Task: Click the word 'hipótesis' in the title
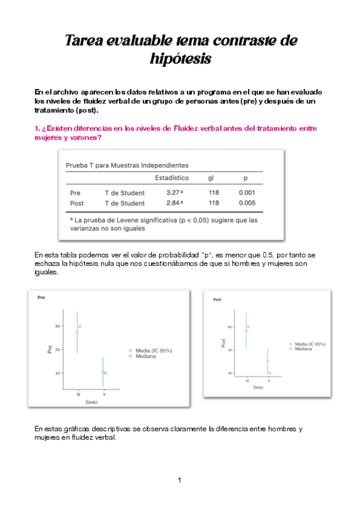point(180,59)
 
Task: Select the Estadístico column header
point(172,178)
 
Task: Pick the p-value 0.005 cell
point(247,203)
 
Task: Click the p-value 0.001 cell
point(247,193)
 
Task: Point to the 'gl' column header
point(211,178)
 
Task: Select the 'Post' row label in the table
point(76,203)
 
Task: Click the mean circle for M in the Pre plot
point(77,333)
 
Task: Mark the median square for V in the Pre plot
point(105,373)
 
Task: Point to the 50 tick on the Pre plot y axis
point(58,349)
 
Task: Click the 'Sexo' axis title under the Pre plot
point(91,401)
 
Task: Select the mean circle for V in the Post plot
point(267,361)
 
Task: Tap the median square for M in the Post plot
point(249,327)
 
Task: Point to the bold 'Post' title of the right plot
point(218,299)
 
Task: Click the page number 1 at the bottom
point(180,480)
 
